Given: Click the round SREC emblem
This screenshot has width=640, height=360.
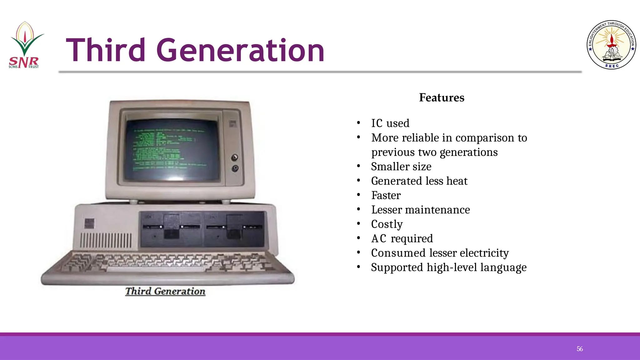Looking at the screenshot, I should pos(611,45).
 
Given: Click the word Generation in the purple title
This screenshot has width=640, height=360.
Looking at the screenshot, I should pos(240,50).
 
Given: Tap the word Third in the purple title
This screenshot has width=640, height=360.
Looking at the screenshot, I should pos(106,50).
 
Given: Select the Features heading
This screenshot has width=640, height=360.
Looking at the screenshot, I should pos(442,98).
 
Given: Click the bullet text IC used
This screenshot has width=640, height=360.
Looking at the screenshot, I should pos(390,123).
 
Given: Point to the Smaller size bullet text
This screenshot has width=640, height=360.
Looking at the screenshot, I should pos(401,167).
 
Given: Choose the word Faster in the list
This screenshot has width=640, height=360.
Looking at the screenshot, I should pos(386,195).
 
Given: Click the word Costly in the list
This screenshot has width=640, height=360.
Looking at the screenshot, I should pos(387,224).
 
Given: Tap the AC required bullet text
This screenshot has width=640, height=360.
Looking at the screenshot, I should pos(402,239).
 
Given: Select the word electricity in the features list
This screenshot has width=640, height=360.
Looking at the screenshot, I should pos(484,253).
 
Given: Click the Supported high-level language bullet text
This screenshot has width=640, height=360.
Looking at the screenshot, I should pos(448,267).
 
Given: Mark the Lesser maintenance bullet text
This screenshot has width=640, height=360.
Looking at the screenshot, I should pos(420,210).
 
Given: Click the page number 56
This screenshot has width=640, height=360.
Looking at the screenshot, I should pos(580,349).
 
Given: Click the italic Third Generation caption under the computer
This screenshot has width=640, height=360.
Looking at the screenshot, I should pos(165,291).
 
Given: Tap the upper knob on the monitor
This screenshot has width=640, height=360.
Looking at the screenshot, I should pos(234,157).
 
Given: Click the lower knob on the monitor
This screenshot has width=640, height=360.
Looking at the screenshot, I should pos(235,169).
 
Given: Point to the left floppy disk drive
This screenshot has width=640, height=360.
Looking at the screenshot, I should pos(171,227).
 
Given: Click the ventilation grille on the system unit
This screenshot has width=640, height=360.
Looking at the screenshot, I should pos(106,241).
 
